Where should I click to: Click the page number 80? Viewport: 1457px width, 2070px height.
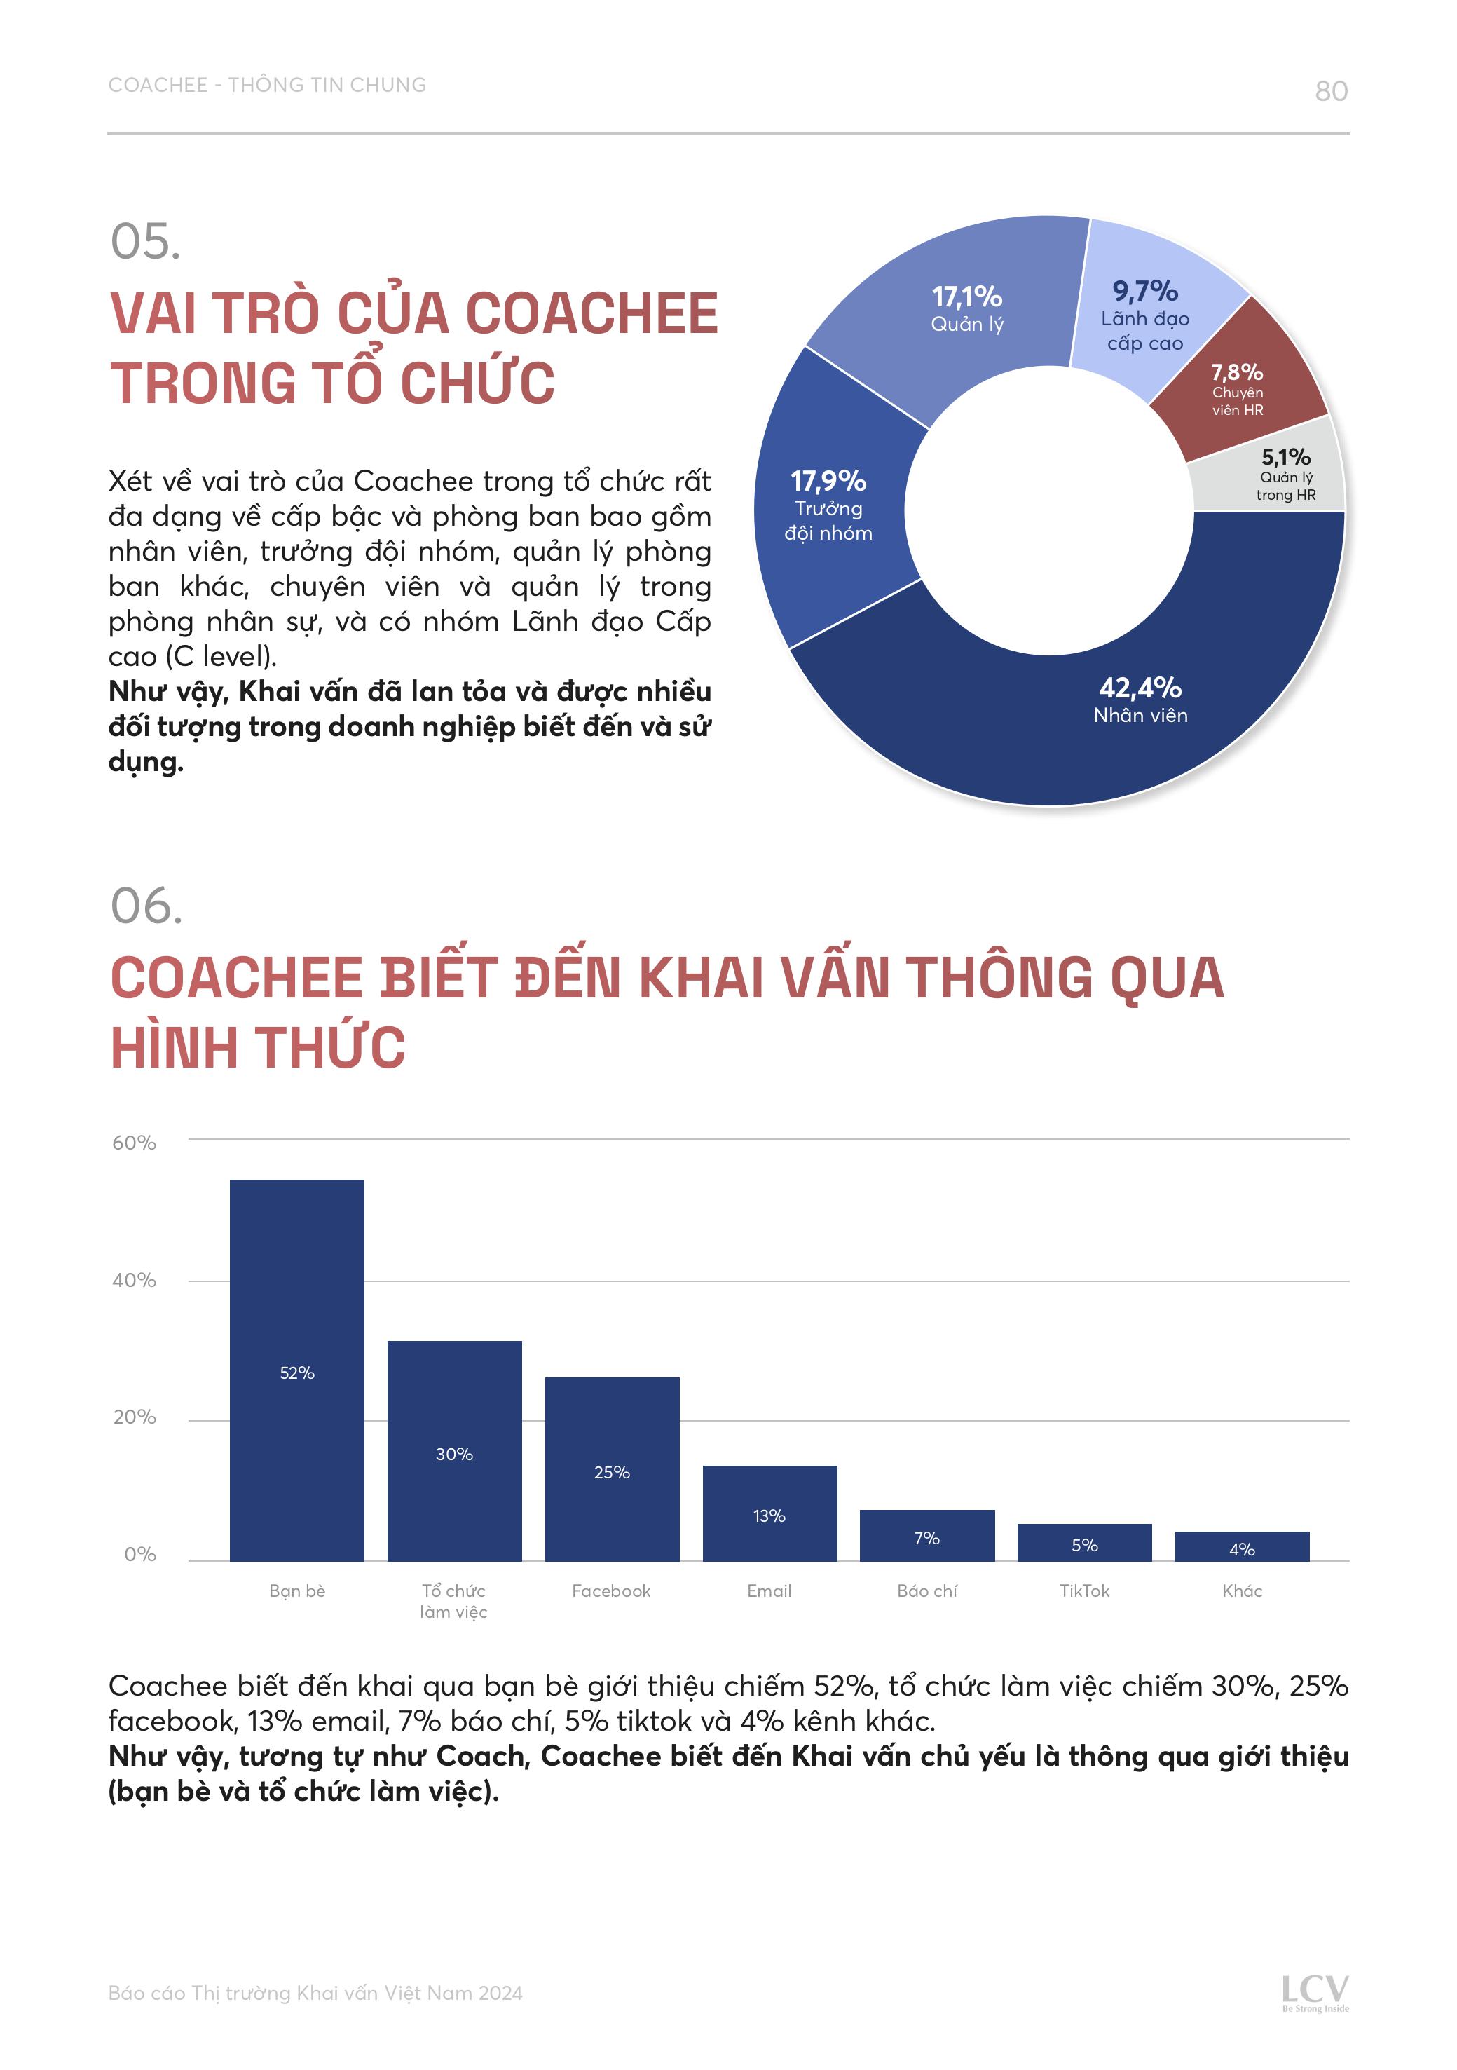tap(1331, 91)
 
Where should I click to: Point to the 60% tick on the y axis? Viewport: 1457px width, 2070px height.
tap(133, 1143)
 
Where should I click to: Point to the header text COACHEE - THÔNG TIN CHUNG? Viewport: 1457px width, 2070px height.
tap(267, 85)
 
